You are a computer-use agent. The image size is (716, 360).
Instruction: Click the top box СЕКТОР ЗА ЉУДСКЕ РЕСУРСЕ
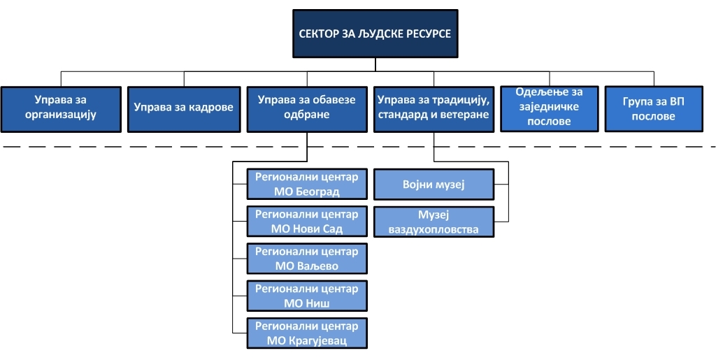coord(375,34)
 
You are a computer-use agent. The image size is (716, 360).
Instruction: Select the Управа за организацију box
coord(61,110)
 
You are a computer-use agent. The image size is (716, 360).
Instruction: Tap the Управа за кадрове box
coord(184,110)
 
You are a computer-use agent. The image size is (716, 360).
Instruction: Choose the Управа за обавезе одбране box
coord(307,110)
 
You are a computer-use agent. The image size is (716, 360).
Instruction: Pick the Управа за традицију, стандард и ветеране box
coord(434,110)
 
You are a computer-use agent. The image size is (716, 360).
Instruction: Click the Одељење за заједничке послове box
coord(550,109)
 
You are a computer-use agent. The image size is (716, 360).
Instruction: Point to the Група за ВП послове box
coord(654,109)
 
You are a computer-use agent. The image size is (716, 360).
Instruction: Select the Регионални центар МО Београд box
coord(307,184)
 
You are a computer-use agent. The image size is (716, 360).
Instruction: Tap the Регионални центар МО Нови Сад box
coord(307,222)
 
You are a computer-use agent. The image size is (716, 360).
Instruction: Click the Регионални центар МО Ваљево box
coord(307,259)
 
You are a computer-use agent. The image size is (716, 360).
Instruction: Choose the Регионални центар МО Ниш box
coord(307,296)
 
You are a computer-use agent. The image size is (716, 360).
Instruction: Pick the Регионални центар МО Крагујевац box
coord(307,333)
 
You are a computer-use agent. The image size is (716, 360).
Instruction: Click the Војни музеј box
coord(434,185)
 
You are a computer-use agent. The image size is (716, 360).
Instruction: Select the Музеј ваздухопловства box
coord(434,222)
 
